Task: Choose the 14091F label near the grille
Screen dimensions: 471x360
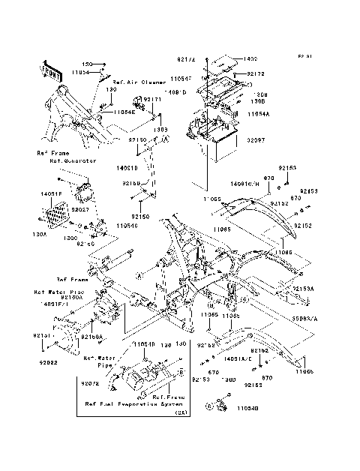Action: click(47, 194)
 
